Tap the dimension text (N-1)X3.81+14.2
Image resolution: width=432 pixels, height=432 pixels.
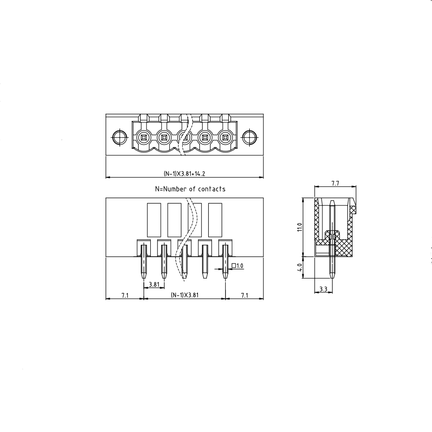tap(184, 174)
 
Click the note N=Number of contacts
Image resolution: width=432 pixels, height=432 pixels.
tap(190, 189)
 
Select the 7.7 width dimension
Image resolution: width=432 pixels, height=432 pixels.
tap(335, 183)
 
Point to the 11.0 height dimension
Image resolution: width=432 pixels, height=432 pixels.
tap(300, 227)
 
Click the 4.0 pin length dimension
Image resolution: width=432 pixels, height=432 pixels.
tap(300, 267)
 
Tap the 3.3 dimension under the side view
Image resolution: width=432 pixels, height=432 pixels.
tap(323, 289)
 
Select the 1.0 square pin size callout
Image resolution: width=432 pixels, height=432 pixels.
tap(237, 266)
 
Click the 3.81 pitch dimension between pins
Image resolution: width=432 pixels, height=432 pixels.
tap(154, 284)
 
